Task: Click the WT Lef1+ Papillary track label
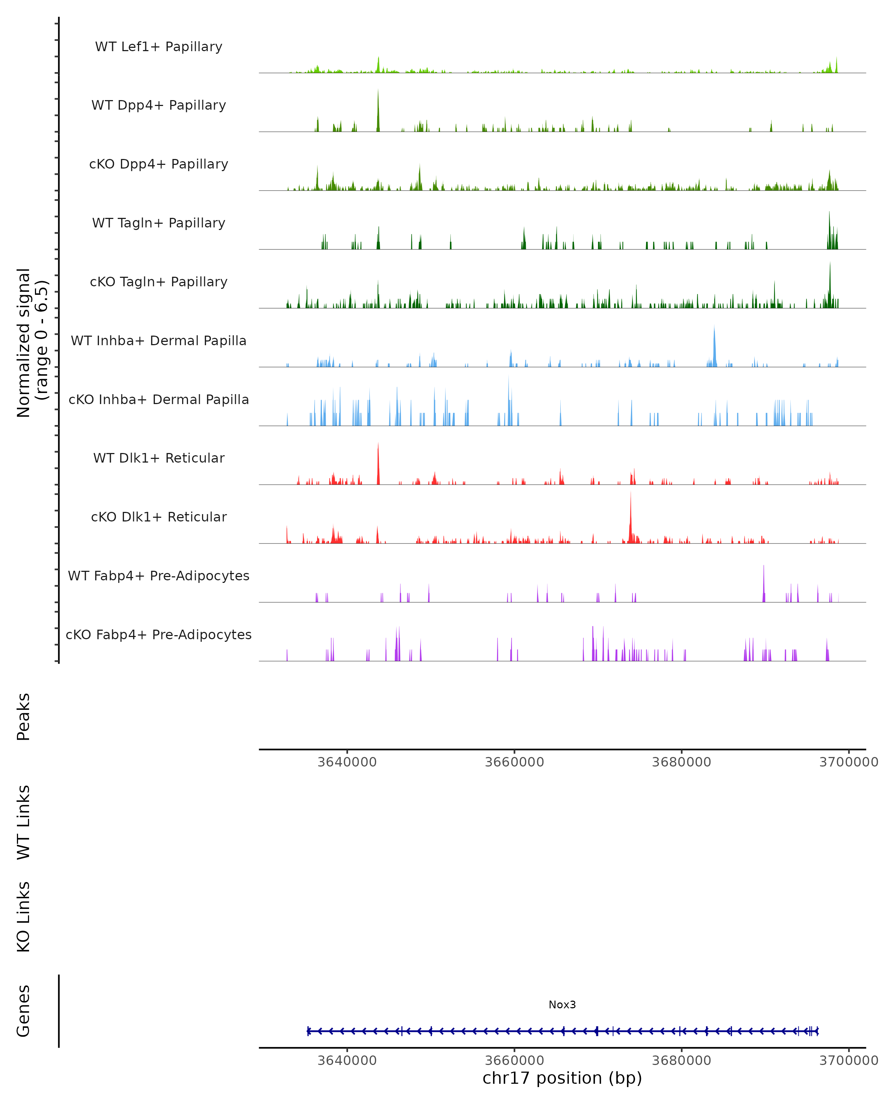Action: pyautogui.click(x=159, y=47)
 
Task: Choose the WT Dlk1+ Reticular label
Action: pyautogui.click(x=159, y=458)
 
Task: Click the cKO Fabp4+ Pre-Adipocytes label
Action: pyautogui.click(x=159, y=634)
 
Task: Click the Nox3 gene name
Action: pyautogui.click(x=562, y=1005)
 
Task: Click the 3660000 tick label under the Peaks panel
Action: pyautogui.click(x=514, y=762)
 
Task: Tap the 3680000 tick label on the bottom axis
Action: pyautogui.click(x=681, y=1061)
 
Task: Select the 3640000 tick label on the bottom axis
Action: pyautogui.click(x=347, y=1061)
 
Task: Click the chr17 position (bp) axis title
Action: pyautogui.click(x=562, y=1078)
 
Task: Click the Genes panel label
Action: pyautogui.click(x=24, y=1011)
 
